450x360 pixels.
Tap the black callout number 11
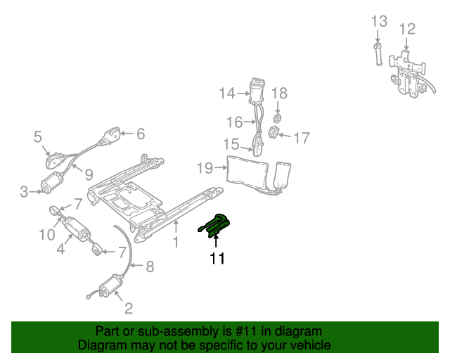click(217, 258)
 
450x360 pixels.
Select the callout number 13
click(379, 21)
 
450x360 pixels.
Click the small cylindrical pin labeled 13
click(378, 54)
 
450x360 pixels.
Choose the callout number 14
click(227, 94)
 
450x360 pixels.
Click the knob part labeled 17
click(274, 131)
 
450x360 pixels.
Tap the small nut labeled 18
click(277, 117)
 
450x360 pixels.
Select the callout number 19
click(205, 168)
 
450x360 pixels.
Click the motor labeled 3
click(52, 183)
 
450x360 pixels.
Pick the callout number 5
click(37, 136)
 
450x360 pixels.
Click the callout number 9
click(89, 174)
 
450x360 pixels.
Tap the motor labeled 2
click(110, 285)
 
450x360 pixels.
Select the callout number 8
click(150, 266)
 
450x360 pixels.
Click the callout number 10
click(47, 235)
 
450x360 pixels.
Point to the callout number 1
click(176, 243)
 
